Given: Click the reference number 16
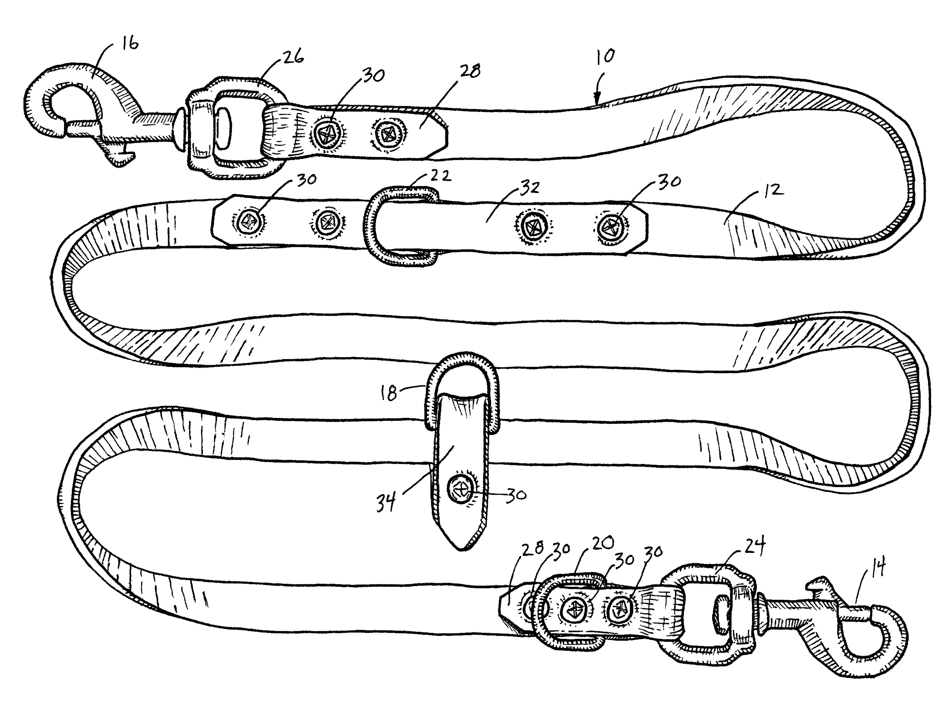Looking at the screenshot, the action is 130,44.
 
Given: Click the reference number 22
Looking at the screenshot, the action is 440,175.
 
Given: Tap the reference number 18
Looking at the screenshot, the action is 389,393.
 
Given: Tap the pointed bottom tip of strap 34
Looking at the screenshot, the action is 461,550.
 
